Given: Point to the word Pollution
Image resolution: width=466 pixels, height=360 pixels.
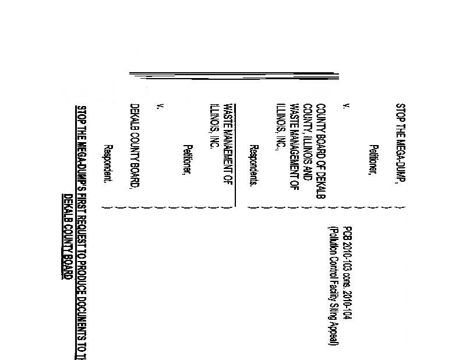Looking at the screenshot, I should [333, 238].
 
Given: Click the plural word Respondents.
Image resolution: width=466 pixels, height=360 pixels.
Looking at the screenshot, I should [254, 165].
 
